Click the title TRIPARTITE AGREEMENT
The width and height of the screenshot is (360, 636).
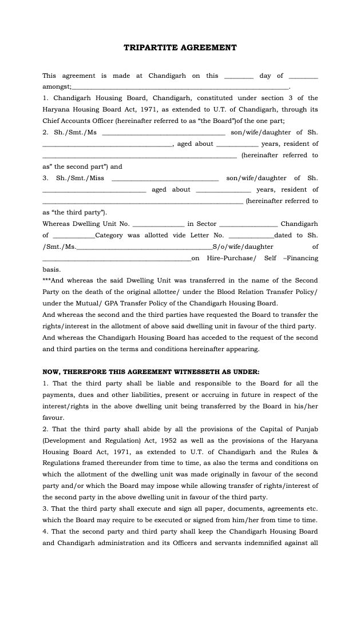click(x=180, y=48)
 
